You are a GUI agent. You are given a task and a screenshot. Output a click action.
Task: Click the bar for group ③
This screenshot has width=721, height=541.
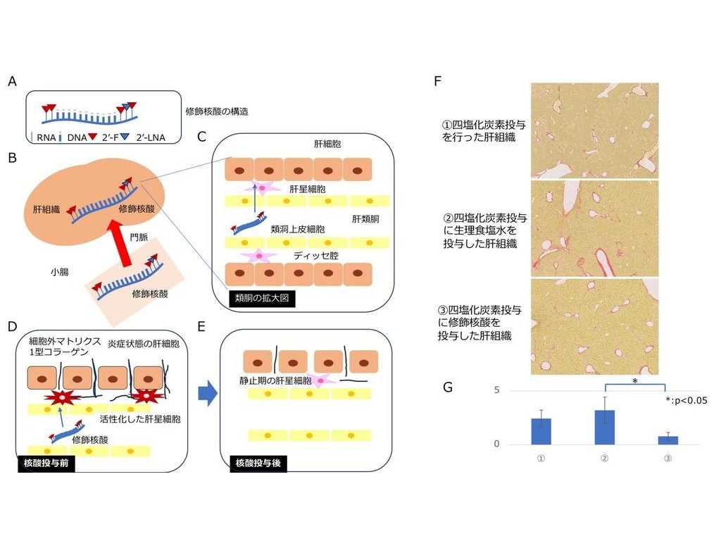click(x=667, y=440)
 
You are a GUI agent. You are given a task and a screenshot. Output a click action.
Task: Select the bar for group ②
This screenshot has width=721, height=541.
click(x=605, y=427)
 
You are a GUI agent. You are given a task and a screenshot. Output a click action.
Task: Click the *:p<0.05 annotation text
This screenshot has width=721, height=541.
click(x=686, y=400)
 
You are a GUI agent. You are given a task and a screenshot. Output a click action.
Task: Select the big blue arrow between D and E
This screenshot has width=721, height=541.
click(x=206, y=394)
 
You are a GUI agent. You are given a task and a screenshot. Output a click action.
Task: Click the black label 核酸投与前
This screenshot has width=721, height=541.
click(x=44, y=464)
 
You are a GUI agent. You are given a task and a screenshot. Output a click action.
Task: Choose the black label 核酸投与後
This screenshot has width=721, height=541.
click(x=258, y=464)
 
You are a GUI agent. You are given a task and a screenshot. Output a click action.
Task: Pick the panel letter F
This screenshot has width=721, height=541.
click(x=438, y=81)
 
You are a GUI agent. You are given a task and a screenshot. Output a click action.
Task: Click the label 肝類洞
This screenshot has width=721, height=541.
click(x=366, y=219)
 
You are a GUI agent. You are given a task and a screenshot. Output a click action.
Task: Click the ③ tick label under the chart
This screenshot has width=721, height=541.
click(x=667, y=459)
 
